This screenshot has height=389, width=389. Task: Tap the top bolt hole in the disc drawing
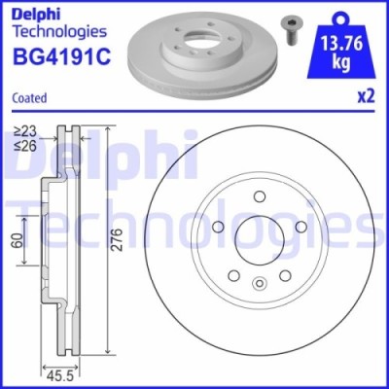pos(260,198)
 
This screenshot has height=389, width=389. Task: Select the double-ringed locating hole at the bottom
pos(259,285)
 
